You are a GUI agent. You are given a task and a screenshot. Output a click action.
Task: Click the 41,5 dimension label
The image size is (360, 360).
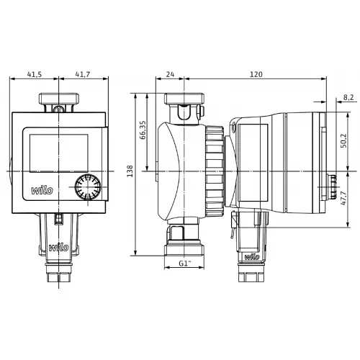coord(35,74)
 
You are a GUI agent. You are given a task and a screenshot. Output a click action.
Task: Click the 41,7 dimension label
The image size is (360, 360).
coord(83,74)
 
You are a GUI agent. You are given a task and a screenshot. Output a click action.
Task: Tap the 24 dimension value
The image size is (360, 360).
coord(170,74)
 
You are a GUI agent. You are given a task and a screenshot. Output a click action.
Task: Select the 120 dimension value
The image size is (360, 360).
coord(256,74)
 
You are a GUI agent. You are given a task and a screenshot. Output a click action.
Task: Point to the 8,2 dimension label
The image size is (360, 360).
coord(348,97)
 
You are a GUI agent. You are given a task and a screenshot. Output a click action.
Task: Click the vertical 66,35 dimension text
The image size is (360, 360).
coord(143,130)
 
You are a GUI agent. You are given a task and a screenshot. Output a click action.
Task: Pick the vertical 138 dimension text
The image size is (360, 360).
coord(130,171)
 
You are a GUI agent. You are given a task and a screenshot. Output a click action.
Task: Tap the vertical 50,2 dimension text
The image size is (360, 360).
coord(343,140)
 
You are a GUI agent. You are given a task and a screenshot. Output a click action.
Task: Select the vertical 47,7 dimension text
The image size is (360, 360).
coord(343,198)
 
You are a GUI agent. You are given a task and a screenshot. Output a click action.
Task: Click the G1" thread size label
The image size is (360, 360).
coord(185,264)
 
